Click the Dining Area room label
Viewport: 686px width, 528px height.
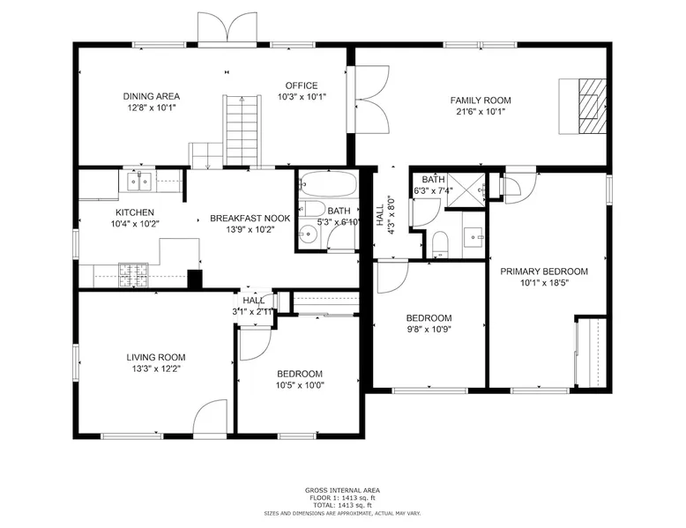(152, 96)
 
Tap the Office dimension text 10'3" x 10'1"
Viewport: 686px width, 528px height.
(302, 97)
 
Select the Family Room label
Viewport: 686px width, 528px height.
(481, 100)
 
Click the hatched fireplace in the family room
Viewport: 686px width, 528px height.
(593, 106)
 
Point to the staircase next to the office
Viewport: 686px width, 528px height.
(242, 130)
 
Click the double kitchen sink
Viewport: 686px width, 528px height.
(139, 182)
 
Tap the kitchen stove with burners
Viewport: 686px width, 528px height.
(133, 275)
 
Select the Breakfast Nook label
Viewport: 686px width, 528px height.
(250, 219)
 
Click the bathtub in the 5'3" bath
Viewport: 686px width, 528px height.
(328, 183)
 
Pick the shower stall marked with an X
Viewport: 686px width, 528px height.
(466, 190)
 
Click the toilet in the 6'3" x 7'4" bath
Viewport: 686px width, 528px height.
(440, 244)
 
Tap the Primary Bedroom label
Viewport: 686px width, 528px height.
(544, 271)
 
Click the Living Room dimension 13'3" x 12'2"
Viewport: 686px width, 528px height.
(156, 368)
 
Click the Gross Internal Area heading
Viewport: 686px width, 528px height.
(343, 490)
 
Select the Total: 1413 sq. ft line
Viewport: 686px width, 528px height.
(343, 505)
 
